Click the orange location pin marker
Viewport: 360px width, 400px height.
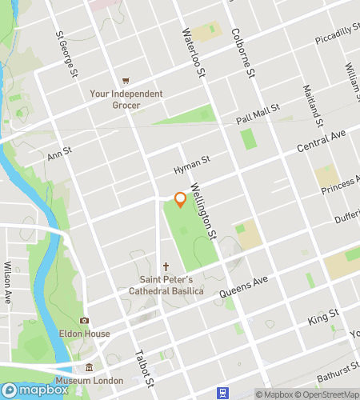click(x=181, y=199)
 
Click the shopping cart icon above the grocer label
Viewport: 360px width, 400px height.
click(x=126, y=81)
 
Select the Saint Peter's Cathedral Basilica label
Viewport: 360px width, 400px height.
click(x=167, y=285)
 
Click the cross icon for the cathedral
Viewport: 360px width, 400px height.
click(x=166, y=266)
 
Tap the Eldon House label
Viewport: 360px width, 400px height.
click(x=84, y=334)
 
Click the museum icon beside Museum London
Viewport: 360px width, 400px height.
click(x=89, y=367)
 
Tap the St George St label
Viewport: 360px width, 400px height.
click(x=66, y=54)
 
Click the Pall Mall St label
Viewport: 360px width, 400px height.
click(x=258, y=114)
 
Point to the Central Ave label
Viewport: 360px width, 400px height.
click(x=320, y=142)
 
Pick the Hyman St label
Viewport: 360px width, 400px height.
click(x=191, y=165)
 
